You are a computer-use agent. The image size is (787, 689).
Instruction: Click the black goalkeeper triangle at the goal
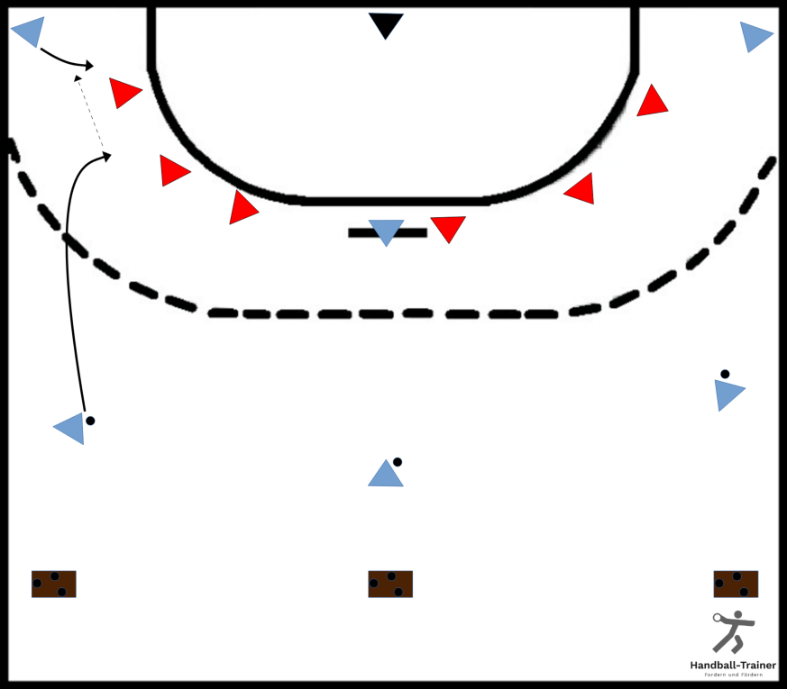pos(386,24)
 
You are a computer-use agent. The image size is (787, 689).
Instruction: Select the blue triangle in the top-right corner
pos(755,37)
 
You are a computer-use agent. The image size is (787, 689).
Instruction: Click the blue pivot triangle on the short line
pos(386,231)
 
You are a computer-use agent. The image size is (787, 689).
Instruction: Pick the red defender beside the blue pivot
pos(448,228)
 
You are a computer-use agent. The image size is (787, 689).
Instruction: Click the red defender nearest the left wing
pos(124,93)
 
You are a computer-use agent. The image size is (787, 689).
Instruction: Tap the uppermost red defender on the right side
pos(652,102)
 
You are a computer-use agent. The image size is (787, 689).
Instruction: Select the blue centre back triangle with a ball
pos(386,475)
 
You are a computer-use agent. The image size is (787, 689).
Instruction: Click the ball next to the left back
pos(90,421)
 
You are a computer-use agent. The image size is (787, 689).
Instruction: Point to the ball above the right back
pos(725,374)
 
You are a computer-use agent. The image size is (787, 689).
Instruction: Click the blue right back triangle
pos(728,394)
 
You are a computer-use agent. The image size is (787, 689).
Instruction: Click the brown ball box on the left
pos(54,585)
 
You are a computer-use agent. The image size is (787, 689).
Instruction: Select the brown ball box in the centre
pos(390,585)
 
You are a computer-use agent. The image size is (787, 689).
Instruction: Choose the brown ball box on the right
pos(736,585)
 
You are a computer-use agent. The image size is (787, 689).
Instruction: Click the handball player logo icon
pos(733,632)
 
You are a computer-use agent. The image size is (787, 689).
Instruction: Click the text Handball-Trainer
pos(733,665)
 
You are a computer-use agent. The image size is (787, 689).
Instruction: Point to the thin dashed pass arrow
pos(90,113)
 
